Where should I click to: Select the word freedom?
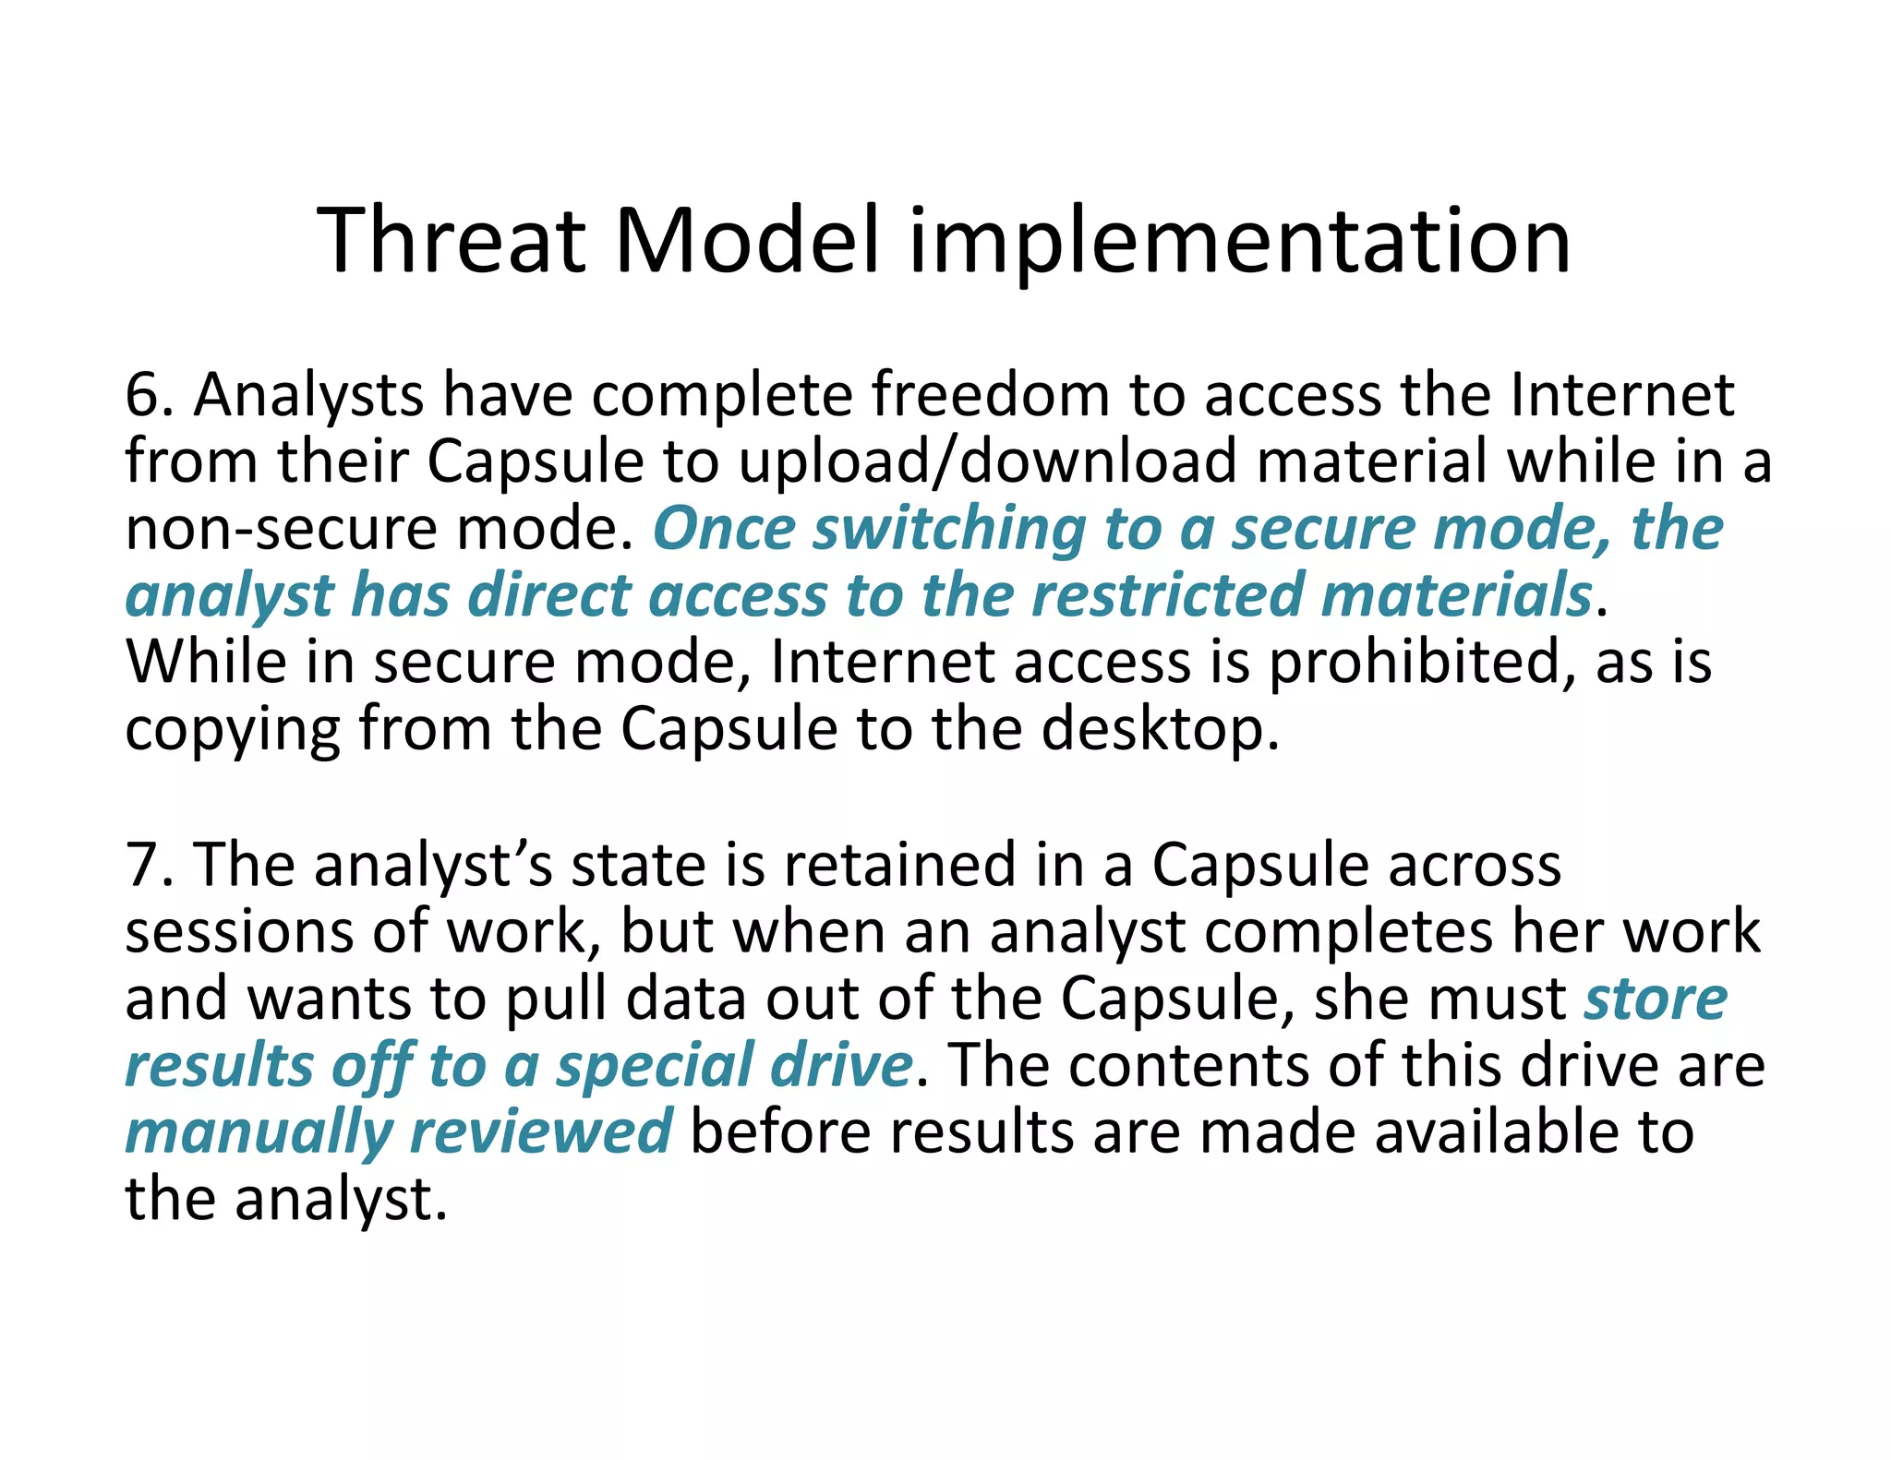pos(990,395)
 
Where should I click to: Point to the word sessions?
pos(238,932)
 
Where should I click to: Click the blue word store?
pos(1656,999)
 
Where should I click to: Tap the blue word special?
pos(654,1066)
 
